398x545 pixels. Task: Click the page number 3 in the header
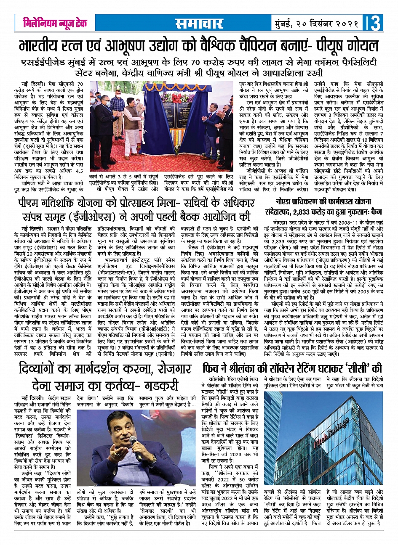coord(376,23)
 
